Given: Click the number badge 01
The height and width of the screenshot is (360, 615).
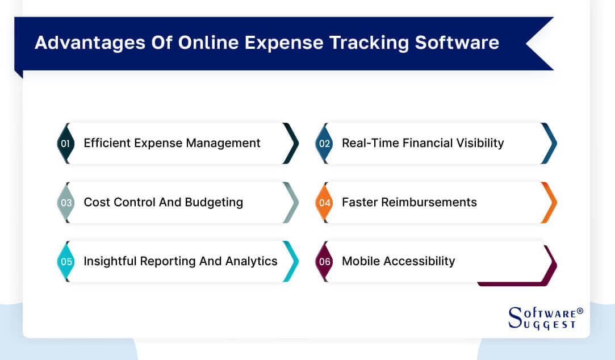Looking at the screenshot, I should tap(65, 144).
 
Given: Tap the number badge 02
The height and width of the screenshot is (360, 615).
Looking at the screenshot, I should tap(324, 144).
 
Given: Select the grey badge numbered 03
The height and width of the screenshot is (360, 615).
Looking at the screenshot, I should tap(65, 203).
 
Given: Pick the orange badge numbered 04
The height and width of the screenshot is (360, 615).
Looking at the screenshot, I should tap(324, 203).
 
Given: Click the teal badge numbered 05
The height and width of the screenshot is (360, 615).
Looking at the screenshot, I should tap(65, 262).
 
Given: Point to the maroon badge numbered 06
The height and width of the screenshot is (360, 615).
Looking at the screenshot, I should tap(324, 262).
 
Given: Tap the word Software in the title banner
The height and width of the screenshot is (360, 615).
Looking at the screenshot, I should tap(460, 43).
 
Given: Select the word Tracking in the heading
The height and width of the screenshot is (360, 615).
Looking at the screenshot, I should tap(375, 43).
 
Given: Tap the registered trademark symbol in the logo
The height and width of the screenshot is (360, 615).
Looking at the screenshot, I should tap(580, 311).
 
